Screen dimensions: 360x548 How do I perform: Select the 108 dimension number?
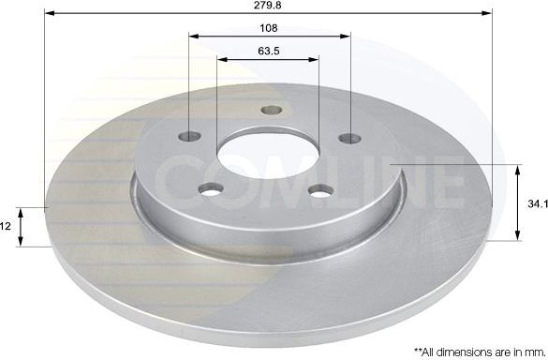pos(270,28)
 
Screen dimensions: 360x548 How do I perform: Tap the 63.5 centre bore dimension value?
pos(270,50)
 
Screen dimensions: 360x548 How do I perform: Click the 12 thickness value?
pos(7,226)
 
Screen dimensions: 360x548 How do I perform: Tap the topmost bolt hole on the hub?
pos(271,111)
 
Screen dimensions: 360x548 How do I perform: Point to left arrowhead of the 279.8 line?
pos(50,15)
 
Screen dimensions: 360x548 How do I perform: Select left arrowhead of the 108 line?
pos(195,37)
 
